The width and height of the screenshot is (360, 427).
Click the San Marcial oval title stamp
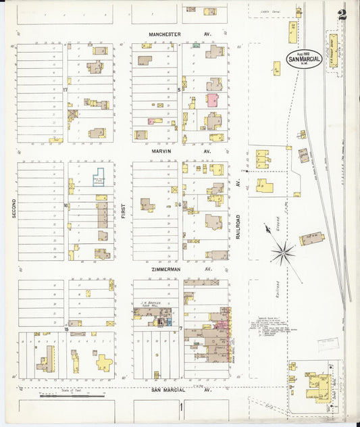[x=303, y=59]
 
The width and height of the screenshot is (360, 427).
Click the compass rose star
[x=283, y=253]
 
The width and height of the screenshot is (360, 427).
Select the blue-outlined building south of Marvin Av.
[x=99, y=178]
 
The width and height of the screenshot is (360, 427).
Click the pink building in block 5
[x=212, y=101]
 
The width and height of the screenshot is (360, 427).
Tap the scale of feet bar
[x=64, y=396]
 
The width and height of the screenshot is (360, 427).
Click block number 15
[x=66, y=329]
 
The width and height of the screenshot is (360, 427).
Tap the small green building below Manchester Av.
[x=195, y=45]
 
